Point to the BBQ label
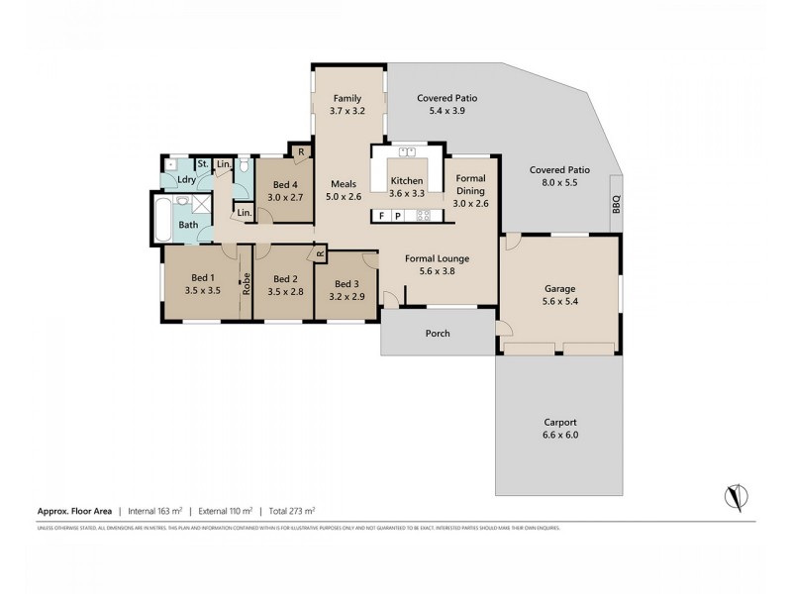pyautogui.click(x=615, y=205)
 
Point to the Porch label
pyautogui.click(x=438, y=334)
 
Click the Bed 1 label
pyautogui.click(x=201, y=285)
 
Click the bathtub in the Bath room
pyautogui.click(x=160, y=219)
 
